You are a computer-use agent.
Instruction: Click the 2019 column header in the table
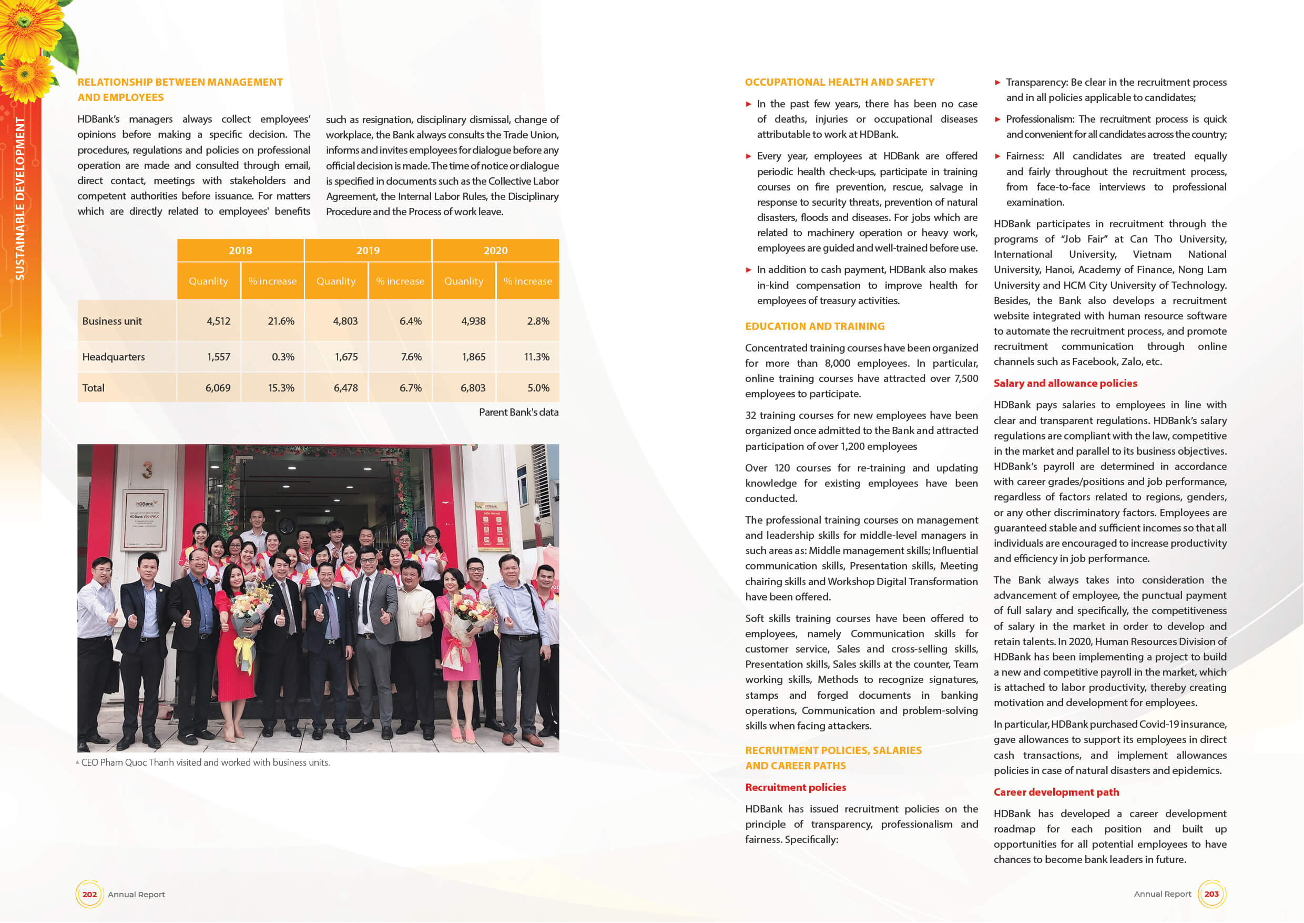pos(368,250)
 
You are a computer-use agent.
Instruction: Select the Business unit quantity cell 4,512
pos(218,321)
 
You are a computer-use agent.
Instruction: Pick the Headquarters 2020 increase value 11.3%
pos(536,357)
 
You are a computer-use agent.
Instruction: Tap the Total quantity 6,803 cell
pos(473,388)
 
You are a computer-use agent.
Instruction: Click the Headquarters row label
pos(114,357)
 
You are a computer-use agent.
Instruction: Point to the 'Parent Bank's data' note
pos(518,413)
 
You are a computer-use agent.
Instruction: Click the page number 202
pos(89,894)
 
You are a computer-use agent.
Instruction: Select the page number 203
pos(1211,894)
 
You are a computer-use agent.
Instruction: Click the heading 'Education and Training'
pos(814,326)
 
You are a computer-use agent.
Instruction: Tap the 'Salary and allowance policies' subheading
pos(1065,384)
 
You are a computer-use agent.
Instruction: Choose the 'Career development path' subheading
pos(1056,792)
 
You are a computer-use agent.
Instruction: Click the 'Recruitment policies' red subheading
pos(795,788)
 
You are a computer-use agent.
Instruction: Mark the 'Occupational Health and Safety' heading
pos(839,83)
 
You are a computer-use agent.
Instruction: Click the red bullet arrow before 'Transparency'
pos(997,83)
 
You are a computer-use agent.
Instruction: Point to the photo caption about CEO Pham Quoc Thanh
pos(205,763)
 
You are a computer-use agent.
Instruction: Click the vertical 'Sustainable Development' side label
pos(20,198)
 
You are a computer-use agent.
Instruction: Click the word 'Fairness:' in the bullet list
pos(1025,156)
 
